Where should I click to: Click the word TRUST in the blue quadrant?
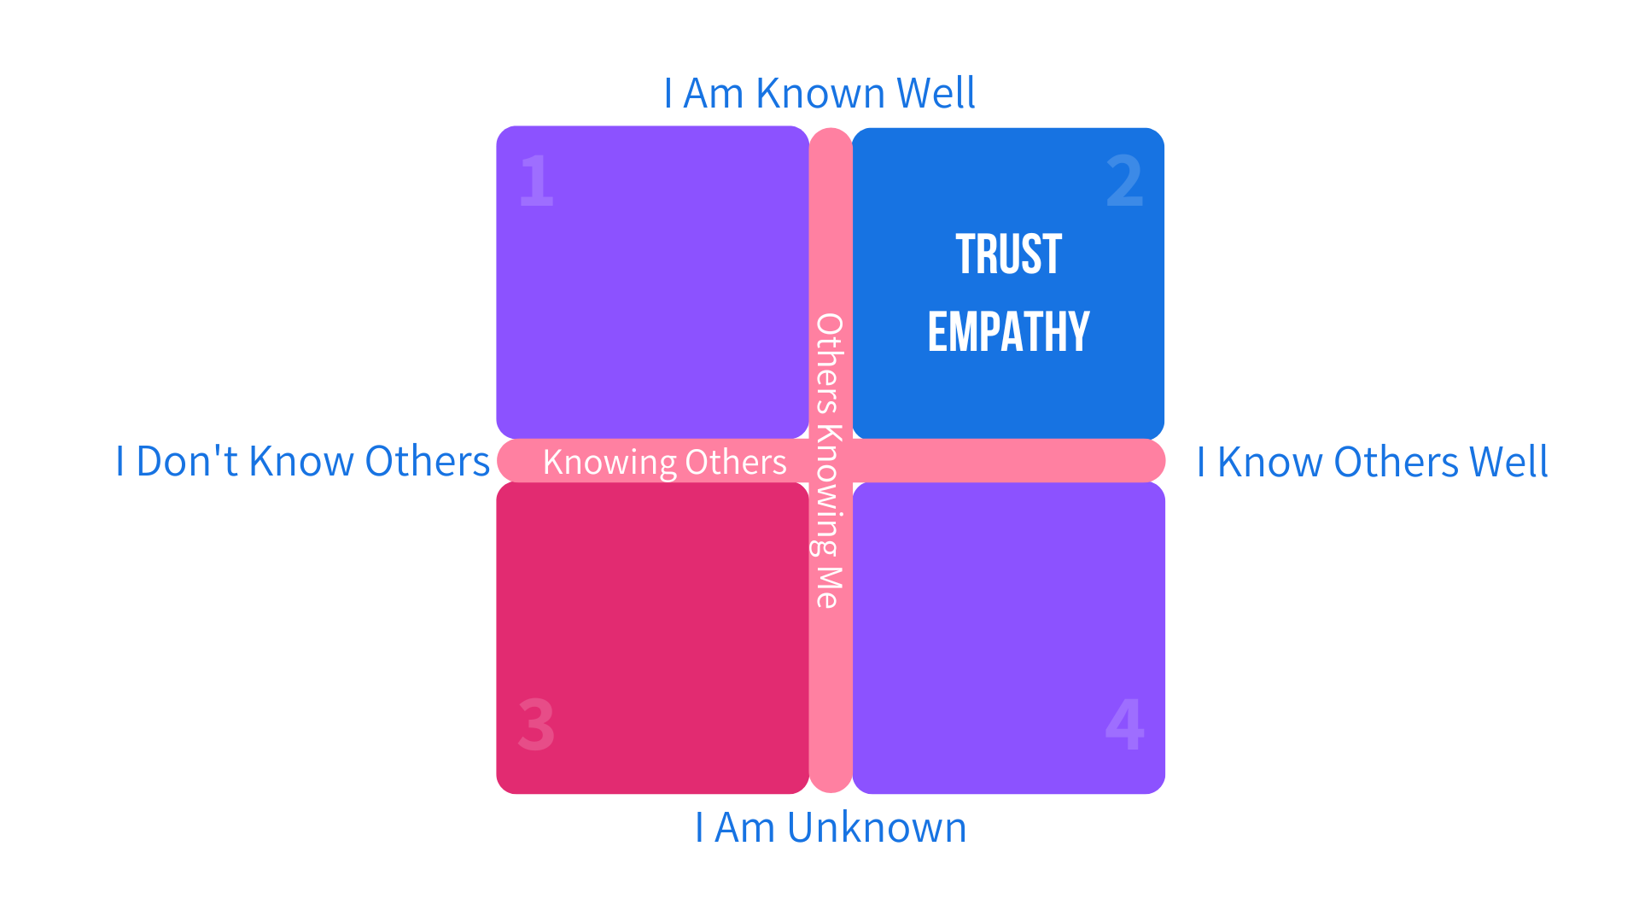(1008, 254)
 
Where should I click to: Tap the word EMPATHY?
(1008, 332)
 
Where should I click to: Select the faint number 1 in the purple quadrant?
(536, 180)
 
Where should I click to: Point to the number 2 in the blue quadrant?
(1124, 181)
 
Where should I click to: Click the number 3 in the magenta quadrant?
(536, 725)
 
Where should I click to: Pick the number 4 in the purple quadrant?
(1124, 724)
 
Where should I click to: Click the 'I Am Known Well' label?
(819, 93)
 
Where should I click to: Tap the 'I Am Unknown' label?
(830, 827)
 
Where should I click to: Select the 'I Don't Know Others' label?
(302, 461)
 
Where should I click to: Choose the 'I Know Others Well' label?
(1372, 462)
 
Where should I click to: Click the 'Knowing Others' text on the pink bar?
(664, 462)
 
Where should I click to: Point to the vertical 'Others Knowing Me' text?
(829, 461)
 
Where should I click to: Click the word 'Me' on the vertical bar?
(829, 587)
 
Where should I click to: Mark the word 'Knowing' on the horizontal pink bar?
(610, 462)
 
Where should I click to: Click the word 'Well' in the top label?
(936, 93)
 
